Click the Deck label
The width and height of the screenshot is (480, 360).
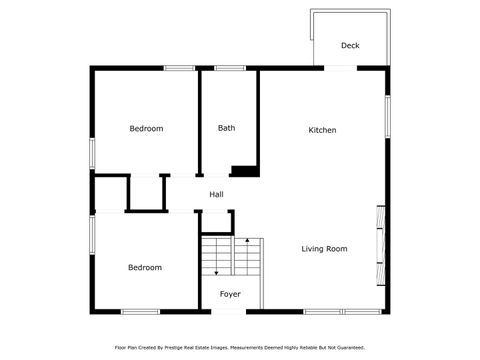[350, 45]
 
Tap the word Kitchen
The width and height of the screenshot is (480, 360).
[322, 130]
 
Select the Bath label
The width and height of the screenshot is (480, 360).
[227, 128]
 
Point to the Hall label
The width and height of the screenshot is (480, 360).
[216, 194]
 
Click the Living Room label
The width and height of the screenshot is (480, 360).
[324, 248]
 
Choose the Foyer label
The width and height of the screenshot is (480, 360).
[230, 294]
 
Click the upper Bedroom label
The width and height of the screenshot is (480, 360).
[146, 128]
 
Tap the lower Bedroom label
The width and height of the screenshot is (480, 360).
[144, 267]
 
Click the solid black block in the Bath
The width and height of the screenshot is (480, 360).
[245, 170]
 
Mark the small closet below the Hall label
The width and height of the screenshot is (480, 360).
[216, 221]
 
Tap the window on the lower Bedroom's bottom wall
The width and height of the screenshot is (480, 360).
[139, 312]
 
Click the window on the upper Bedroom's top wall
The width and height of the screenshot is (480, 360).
[179, 68]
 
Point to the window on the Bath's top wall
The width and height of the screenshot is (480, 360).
[230, 68]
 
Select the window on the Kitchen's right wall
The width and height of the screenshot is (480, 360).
[387, 115]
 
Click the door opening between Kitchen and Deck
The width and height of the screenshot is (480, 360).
[340, 68]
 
